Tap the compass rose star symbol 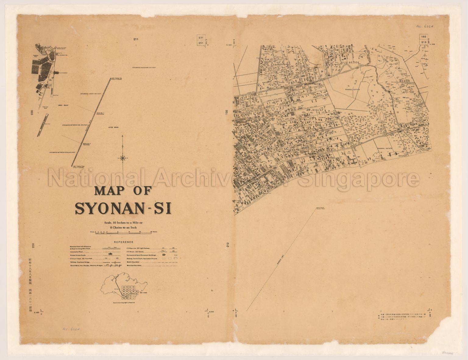pos(122,157)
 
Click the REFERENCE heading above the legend pos(122,242)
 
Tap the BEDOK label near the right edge pos(406,81)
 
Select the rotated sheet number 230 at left pos(32,113)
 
